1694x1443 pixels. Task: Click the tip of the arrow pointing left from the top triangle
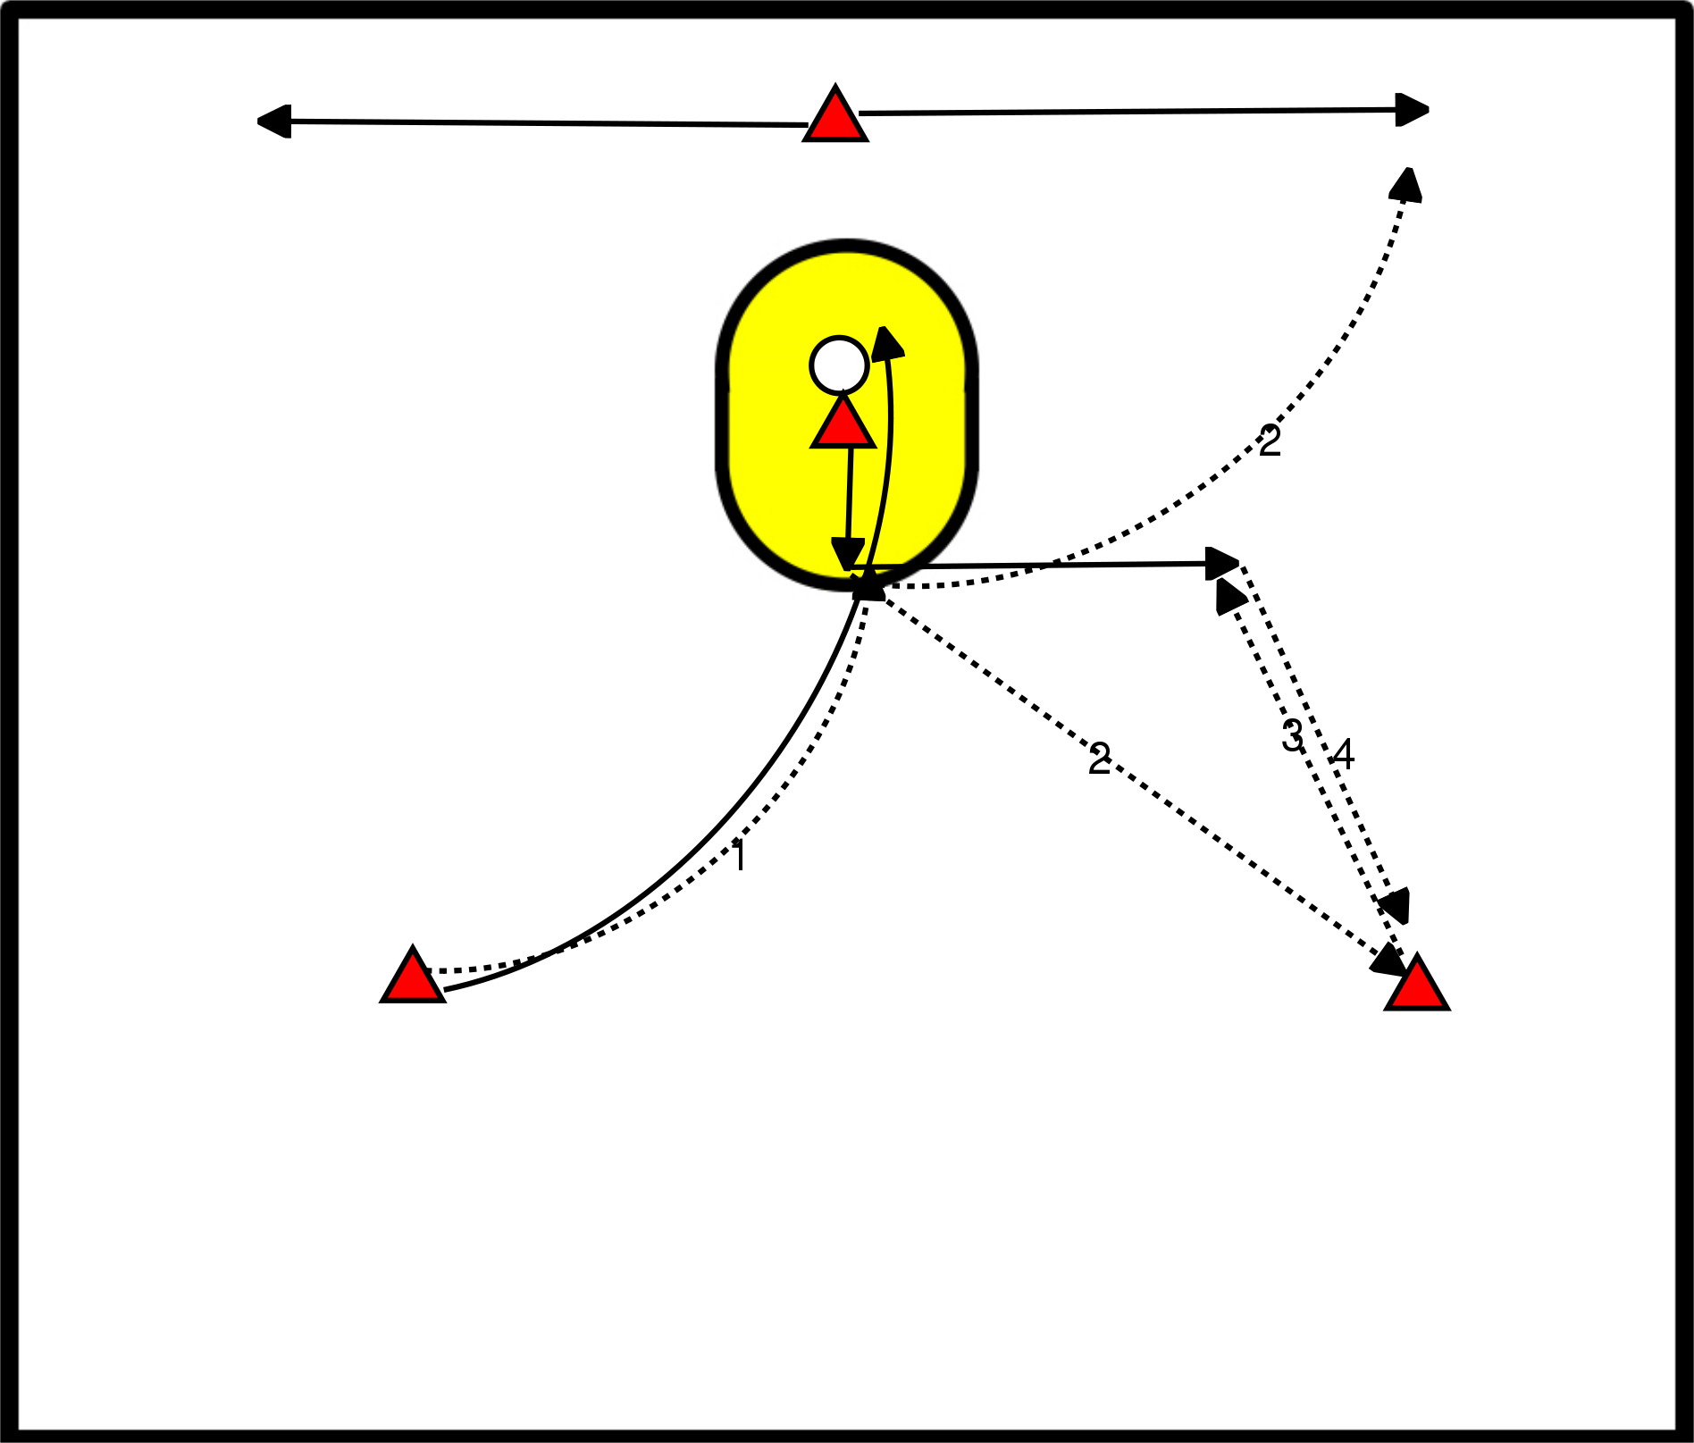point(258,121)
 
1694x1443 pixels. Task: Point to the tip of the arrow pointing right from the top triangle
point(1429,110)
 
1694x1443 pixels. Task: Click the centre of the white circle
point(839,365)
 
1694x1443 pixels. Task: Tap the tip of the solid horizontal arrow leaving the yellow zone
point(1239,563)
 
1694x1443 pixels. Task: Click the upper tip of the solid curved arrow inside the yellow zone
point(885,327)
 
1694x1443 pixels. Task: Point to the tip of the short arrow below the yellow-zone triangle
point(847,570)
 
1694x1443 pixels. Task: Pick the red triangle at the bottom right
point(1417,982)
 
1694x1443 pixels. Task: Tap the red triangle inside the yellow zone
point(843,422)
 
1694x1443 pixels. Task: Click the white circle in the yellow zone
point(839,365)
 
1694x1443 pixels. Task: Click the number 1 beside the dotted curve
point(739,855)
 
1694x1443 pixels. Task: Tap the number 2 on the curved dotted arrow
point(1270,440)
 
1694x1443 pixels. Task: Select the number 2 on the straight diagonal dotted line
point(1100,759)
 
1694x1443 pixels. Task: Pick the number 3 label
point(1293,735)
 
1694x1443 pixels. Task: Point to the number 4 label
point(1343,755)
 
